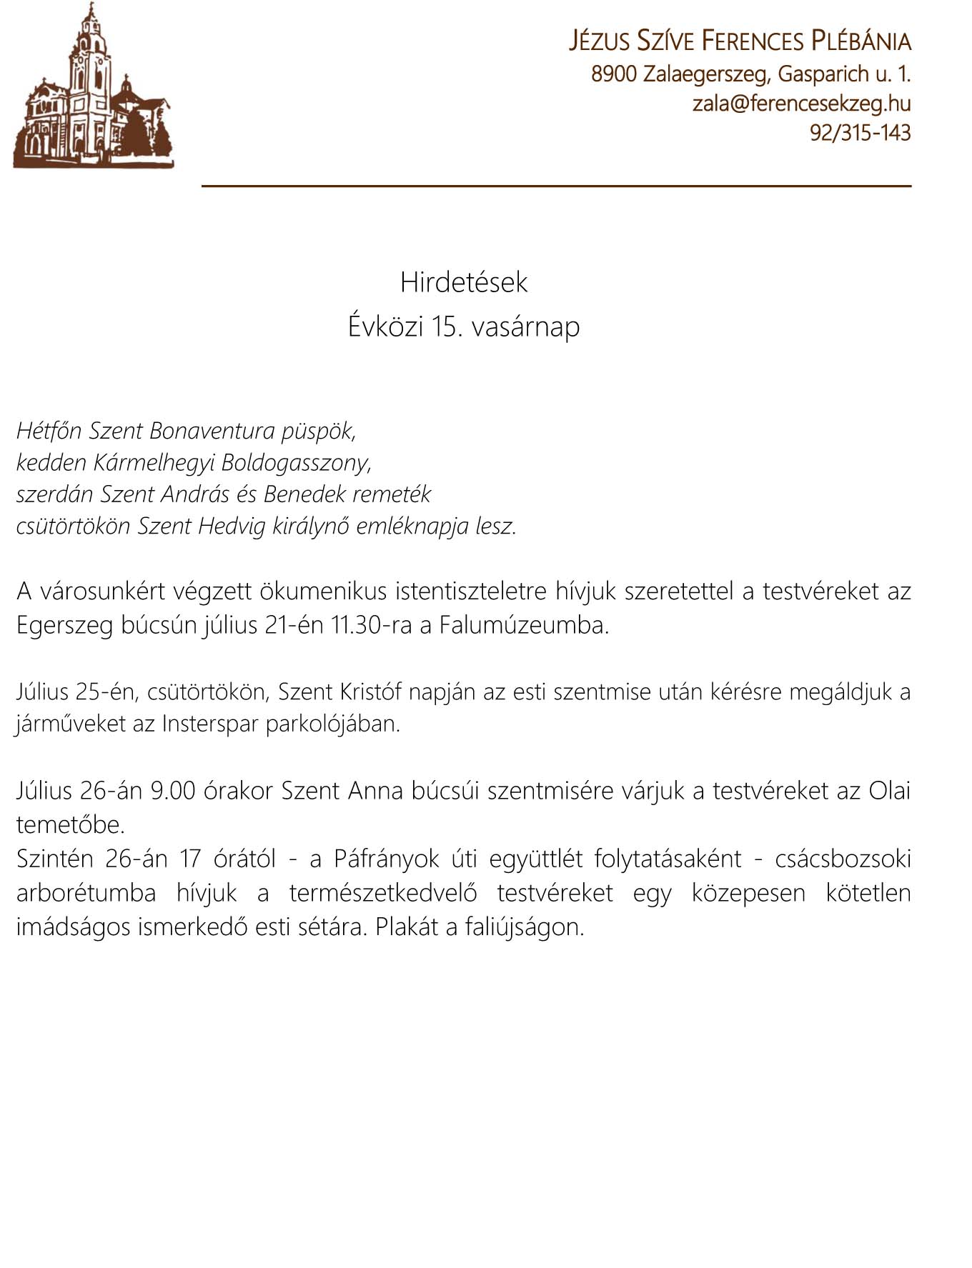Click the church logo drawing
(93, 89)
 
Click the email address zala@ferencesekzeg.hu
(801, 104)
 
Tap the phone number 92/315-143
(860, 133)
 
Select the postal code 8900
(613, 74)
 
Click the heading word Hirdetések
(464, 282)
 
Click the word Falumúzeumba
(523, 625)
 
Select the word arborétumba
(86, 893)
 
